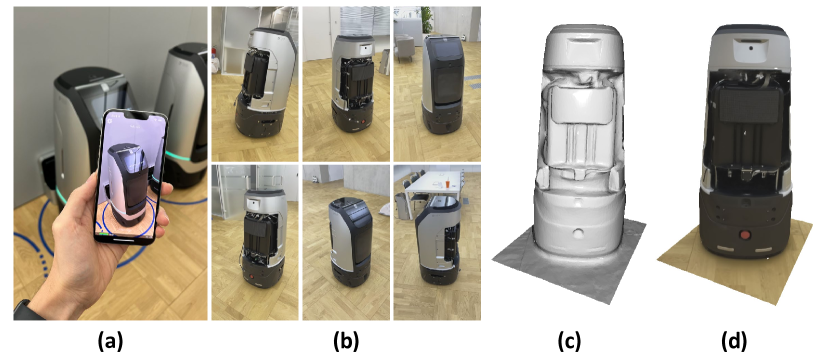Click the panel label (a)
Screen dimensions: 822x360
pos(110,342)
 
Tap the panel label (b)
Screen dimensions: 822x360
pos(346,342)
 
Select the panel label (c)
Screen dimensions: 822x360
pos(569,342)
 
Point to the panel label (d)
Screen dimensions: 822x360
pos(733,342)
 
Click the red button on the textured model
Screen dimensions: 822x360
pos(745,235)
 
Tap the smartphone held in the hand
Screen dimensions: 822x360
pos(131,177)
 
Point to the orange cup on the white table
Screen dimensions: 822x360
pos(447,184)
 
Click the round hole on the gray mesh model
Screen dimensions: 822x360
pos(577,233)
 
